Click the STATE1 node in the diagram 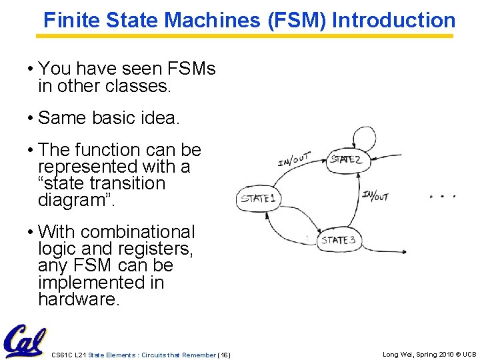pyautogui.click(x=259, y=199)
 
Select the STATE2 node pyautogui.click(x=346, y=160)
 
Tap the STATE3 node pyautogui.click(x=338, y=240)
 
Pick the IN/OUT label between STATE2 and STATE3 pyautogui.click(x=375, y=195)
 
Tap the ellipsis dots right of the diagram pyautogui.click(x=443, y=197)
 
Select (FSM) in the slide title pyautogui.click(x=297, y=21)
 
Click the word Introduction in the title pyautogui.click(x=393, y=21)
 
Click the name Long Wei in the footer pyautogui.click(x=397, y=355)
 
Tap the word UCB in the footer pyautogui.click(x=469, y=355)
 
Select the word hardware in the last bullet pyautogui.click(x=77, y=300)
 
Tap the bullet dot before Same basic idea pyautogui.click(x=31, y=119)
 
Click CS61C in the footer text pyautogui.click(x=62, y=355)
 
